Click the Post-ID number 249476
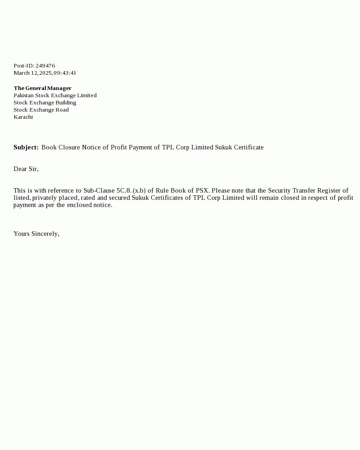tap(45, 66)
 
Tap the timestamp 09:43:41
tap(65, 73)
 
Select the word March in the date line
tap(21, 73)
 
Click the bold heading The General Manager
tap(42, 88)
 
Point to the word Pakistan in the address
tap(23, 95)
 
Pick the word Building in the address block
tap(66, 103)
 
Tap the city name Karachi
tap(23, 117)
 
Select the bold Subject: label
tap(26, 148)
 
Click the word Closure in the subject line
tap(69, 148)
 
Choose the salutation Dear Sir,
tap(26, 169)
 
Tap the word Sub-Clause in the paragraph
tap(99, 191)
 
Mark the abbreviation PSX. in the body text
tap(202, 191)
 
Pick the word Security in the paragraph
tap(279, 191)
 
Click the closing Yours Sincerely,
tap(36, 234)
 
